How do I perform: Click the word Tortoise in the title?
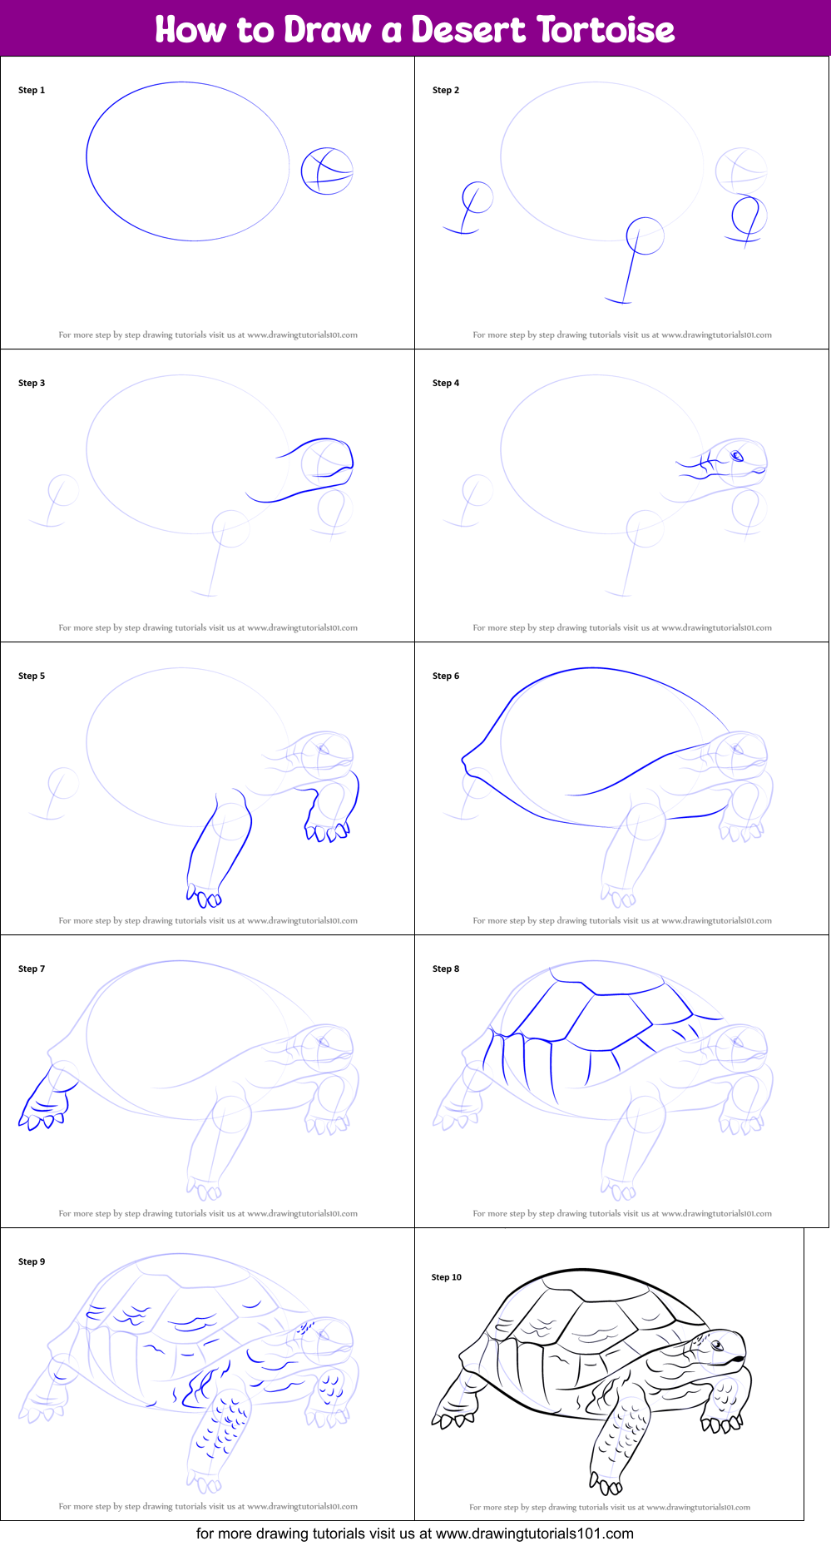pyautogui.click(x=605, y=30)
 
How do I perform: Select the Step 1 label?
pyautogui.click(x=32, y=90)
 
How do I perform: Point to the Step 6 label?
pyautogui.click(x=446, y=676)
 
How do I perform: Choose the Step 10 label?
pyautogui.click(x=446, y=1277)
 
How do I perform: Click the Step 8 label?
pyautogui.click(x=446, y=969)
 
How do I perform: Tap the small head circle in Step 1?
pyautogui.click(x=327, y=171)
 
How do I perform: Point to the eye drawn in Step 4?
pyautogui.click(x=736, y=455)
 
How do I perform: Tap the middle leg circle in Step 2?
pyautogui.click(x=645, y=235)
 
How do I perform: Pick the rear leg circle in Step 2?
pyautogui.click(x=477, y=198)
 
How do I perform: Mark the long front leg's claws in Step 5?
pyautogui.click(x=204, y=896)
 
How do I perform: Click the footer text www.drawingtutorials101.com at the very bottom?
pyautogui.click(x=534, y=1534)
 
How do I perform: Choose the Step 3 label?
pyautogui.click(x=32, y=383)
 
